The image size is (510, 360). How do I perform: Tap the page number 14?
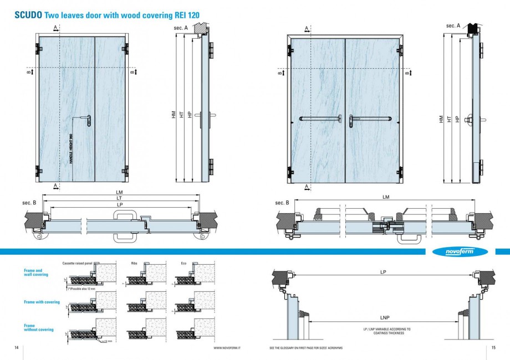16,347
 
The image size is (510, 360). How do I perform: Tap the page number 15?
493,347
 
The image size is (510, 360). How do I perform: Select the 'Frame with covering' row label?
42,302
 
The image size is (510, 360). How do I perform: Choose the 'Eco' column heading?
183,263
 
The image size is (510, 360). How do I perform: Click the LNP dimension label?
384,318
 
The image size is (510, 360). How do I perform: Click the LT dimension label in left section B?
119,198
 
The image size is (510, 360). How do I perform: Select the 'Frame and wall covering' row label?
36,272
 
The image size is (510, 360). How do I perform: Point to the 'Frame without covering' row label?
39,328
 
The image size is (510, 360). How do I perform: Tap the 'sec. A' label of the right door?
453,25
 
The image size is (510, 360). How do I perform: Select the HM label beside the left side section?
174,115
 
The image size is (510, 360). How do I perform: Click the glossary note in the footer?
305,348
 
